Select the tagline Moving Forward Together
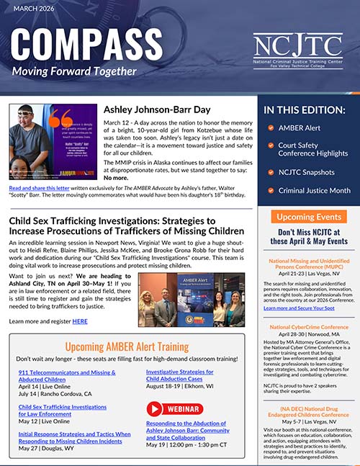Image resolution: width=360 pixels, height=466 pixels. point(73,71)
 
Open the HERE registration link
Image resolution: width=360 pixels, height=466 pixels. point(79,320)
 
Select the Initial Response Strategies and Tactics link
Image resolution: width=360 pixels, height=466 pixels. point(75,438)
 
